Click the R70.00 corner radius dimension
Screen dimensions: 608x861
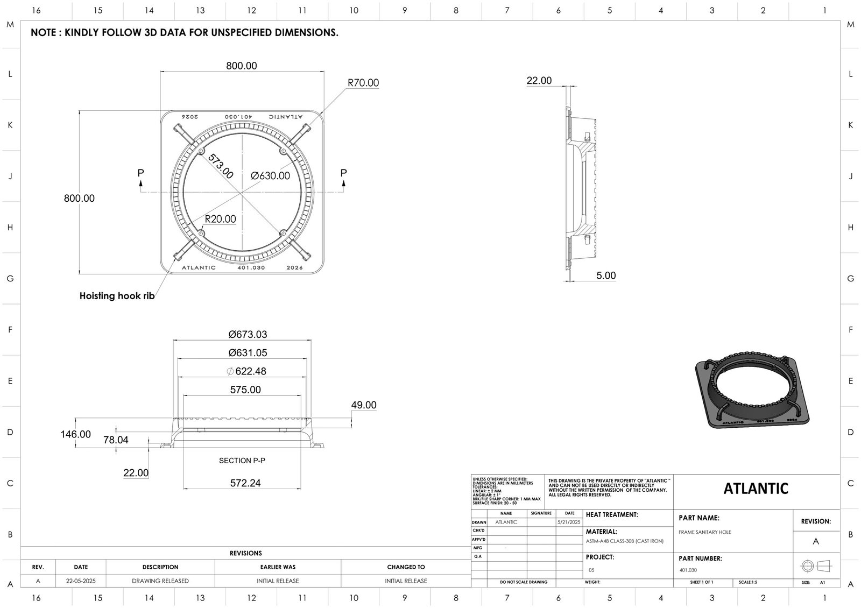(x=363, y=83)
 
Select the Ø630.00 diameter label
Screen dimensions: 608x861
(x=270, y=176)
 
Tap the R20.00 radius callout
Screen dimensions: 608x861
(x=220, y=219)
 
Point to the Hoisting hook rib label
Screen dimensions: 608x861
(x=117, y=296)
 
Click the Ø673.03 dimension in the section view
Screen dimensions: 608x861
(x=248, y=334)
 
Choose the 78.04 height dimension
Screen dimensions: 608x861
(x=116, y=440)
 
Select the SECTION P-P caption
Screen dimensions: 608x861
(x=242, y=461)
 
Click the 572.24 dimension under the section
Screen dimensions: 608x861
(x=245, y=483)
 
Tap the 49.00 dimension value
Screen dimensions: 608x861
(x=363, y=405)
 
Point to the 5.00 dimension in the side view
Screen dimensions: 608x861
(x=605, y=275)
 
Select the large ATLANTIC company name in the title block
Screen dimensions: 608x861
(x=756, y=489)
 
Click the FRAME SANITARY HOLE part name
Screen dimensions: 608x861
(x=705, y=532)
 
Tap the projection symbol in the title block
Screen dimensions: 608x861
(x=816, y=566)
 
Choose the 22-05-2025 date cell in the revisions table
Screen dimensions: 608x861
(x=81, y=581)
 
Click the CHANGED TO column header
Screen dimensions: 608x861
(x=406, y=567)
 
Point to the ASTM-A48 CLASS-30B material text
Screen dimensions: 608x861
(x=624, y=541)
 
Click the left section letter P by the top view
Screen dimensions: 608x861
(x=140, y=173)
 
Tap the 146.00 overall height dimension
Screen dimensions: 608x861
(x=75, y=434)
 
